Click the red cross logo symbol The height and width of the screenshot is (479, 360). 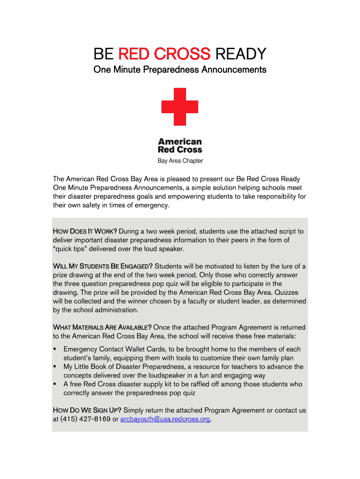click(x=180, y=107)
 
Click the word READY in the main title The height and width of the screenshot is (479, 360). click(x=240, y=54)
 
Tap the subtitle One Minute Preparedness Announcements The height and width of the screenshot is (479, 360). click(x=180, y=70)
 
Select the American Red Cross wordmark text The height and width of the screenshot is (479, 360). click(x=180, y=145)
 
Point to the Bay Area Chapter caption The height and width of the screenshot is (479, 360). click(x=180, y=161)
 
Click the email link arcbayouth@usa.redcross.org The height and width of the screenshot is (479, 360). click(x=165, y=419)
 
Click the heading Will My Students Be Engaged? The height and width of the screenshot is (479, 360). click(x=103, y=267)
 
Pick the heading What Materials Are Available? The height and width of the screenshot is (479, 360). click(x=102, y=327)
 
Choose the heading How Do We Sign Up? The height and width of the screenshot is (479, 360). click(x=87, y=410)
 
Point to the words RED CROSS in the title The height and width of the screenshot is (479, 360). click(x=164, y=54)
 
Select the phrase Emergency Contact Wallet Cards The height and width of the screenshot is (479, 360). click(x=115, y=349)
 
